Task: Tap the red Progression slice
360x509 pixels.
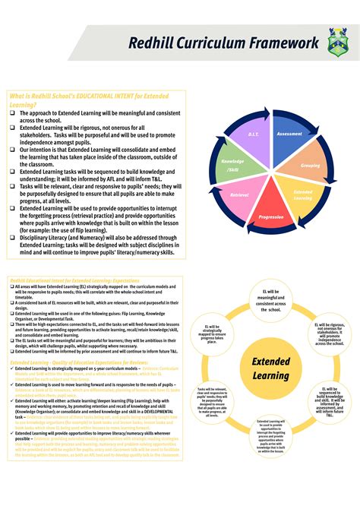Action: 271,216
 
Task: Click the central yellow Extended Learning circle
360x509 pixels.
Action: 271,368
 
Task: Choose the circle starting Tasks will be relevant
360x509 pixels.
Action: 212,401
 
